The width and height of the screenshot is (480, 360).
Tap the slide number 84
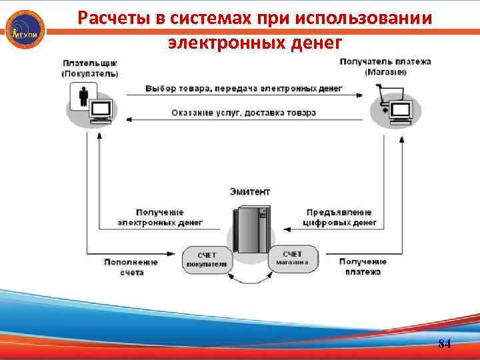coord(445,344)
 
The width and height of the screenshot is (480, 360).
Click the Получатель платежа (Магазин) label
coord(385,66)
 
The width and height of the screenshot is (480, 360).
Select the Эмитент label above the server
coord(250,191)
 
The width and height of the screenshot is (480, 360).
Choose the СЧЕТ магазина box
coord(293,258)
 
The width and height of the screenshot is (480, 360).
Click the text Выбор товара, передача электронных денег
coord(243,88)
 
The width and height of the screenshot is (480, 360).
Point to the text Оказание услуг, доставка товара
coord(244,113)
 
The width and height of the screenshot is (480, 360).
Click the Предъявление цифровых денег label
coord(339,217)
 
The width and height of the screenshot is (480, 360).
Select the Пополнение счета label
coord(131,267)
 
